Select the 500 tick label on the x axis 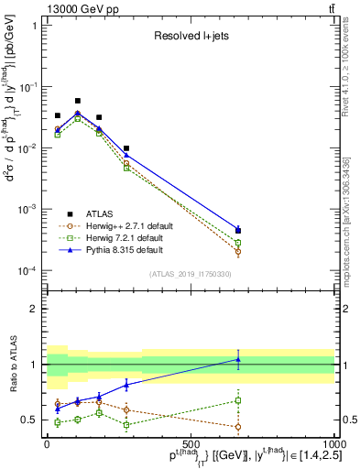(191, 443)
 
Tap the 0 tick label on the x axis (47, 443)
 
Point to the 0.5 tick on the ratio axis (30, 420)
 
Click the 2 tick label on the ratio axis (35, 309)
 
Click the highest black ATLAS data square (78, 101)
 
